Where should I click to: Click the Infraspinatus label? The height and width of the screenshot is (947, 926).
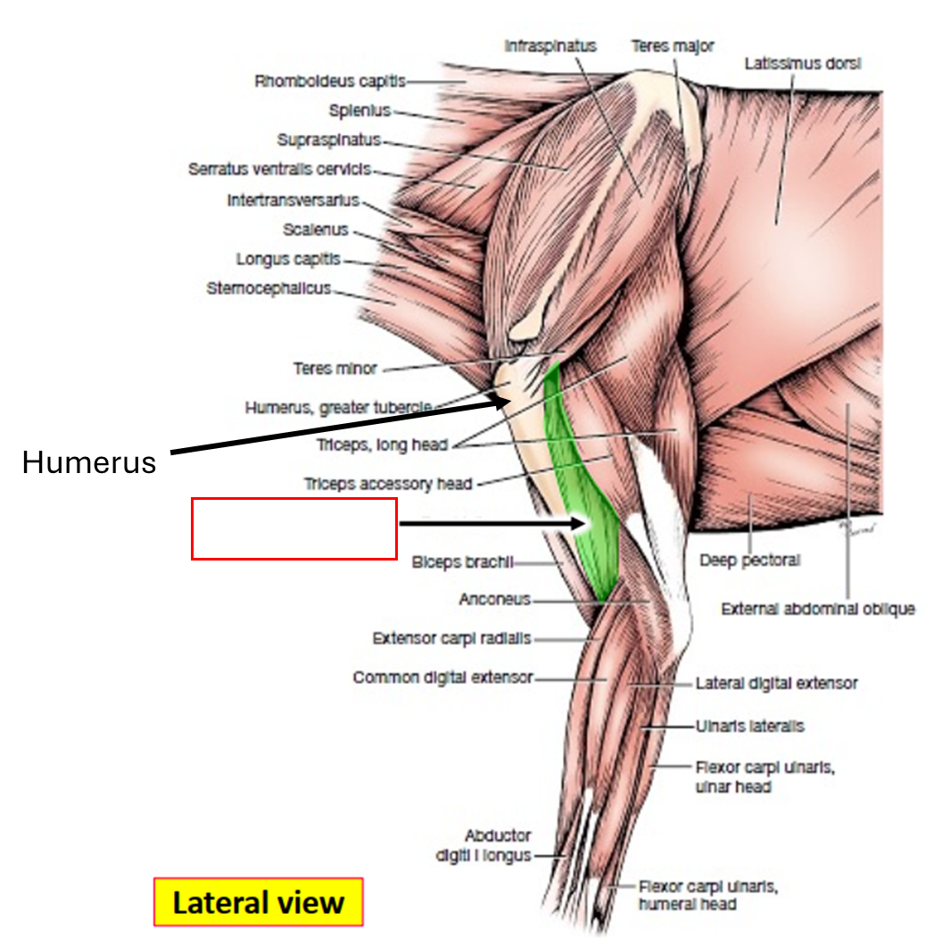click(x=550, y=46)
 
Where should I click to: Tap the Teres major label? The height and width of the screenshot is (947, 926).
click(x=672, y=46)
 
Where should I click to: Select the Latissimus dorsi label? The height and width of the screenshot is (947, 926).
click(x=803, y=63)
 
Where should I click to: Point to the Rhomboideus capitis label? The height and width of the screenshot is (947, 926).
click(x=330, y=81)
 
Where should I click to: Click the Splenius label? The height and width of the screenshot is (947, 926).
click(x=360, y=111)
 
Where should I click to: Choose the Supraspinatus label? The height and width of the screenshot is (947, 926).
click(x=328, y=140)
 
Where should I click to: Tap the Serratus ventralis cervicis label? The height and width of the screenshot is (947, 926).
click(x=279, y=169)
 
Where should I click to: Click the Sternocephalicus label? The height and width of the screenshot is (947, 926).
click(x=269, y=288)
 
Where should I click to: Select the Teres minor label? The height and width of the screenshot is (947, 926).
click(x=335, y=368)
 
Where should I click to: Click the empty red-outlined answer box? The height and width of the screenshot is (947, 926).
click(x=294, y=529)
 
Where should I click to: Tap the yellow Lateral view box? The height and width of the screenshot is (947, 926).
click(x=258, y=902)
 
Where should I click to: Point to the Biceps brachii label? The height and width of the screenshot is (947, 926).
click(x=462, y=562)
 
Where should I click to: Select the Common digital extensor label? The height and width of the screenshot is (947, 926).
click(x=442, y=677)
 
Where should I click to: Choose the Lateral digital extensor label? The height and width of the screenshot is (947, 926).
click(x=776, y=683)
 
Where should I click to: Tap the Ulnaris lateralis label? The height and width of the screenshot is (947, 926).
click(x=749, y=726)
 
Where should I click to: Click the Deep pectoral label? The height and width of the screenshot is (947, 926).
click(x=749, y=561)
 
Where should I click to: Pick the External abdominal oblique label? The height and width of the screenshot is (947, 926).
click(x=817, y=609)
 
